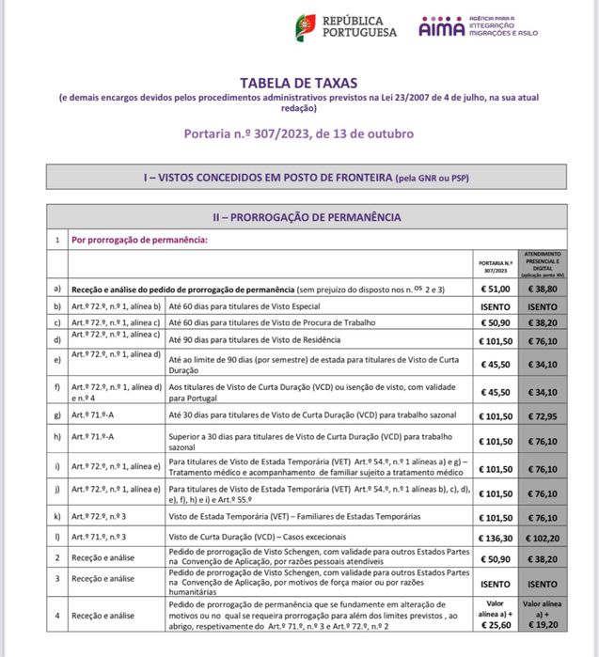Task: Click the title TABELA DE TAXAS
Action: pyautogui.click(x=298, y=82)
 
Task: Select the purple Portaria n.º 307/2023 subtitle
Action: pyautogui.click(x=298, y=133)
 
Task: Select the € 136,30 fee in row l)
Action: pyautogui.click(x=496, y=537)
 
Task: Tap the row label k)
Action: pyautogui.click(x=58, y=516)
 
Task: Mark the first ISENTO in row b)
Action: pyautogui.click(x=496, y=306)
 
